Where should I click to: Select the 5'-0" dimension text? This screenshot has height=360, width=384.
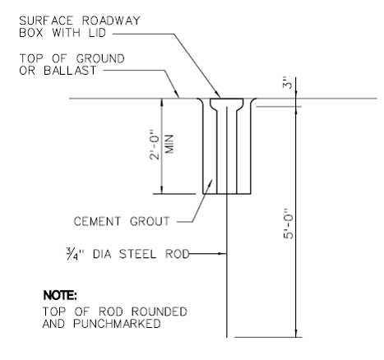point(288,224)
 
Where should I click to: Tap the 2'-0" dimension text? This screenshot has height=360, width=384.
point(155,145)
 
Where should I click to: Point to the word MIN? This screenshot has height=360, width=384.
point(169,144)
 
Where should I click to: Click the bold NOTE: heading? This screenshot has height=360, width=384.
point(60,295)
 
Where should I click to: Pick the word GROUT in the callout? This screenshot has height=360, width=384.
point(150,221)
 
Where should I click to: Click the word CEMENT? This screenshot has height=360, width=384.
point(97,221)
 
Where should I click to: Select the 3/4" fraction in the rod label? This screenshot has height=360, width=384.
point(75,254)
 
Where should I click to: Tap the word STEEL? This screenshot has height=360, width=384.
point(137,254)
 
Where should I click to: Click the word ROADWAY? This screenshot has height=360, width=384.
point(111,21)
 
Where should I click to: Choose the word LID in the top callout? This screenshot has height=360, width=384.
point(97,33)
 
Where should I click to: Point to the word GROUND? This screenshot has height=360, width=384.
point(100,58)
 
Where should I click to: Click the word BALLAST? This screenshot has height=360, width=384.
point(70,71)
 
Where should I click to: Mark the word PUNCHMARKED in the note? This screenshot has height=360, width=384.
point(117,324)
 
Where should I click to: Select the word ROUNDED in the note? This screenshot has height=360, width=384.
point(159,312)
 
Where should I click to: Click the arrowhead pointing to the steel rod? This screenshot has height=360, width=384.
point(223,254)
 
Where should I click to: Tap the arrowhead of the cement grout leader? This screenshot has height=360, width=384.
point(211,182)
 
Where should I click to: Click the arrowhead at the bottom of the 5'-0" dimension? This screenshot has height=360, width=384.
point(296,333)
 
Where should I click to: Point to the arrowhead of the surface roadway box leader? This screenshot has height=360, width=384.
point(218,95)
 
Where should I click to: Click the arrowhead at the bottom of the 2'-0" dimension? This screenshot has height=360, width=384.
point(162,190)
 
